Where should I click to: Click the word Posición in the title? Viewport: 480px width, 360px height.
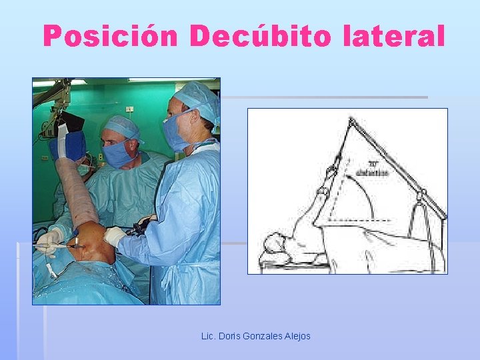(x=111, y=36)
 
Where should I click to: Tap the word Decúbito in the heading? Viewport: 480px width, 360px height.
(x=261, y=36)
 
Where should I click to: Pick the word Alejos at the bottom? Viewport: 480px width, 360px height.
(x=297, y=336)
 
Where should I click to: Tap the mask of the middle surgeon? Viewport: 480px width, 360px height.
(x=117, y=154)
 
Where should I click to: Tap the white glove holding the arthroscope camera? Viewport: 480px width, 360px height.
(x=115, y=236)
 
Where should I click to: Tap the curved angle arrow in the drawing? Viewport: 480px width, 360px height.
(x=373, y=193)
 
